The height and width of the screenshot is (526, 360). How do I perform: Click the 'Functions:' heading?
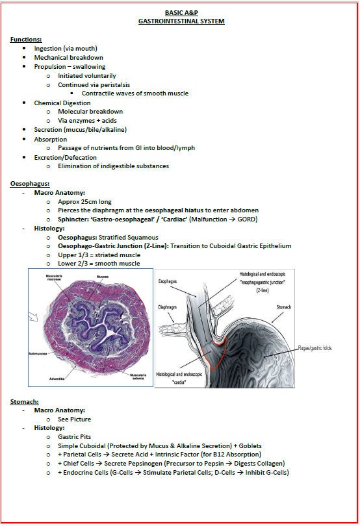(26, 40)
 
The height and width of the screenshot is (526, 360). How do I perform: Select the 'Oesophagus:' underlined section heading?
(29, 184)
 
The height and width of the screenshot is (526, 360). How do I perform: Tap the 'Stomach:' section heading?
(25, 402)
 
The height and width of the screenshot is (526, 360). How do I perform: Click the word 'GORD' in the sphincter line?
(246, 219)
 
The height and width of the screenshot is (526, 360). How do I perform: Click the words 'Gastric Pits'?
(75, 438)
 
